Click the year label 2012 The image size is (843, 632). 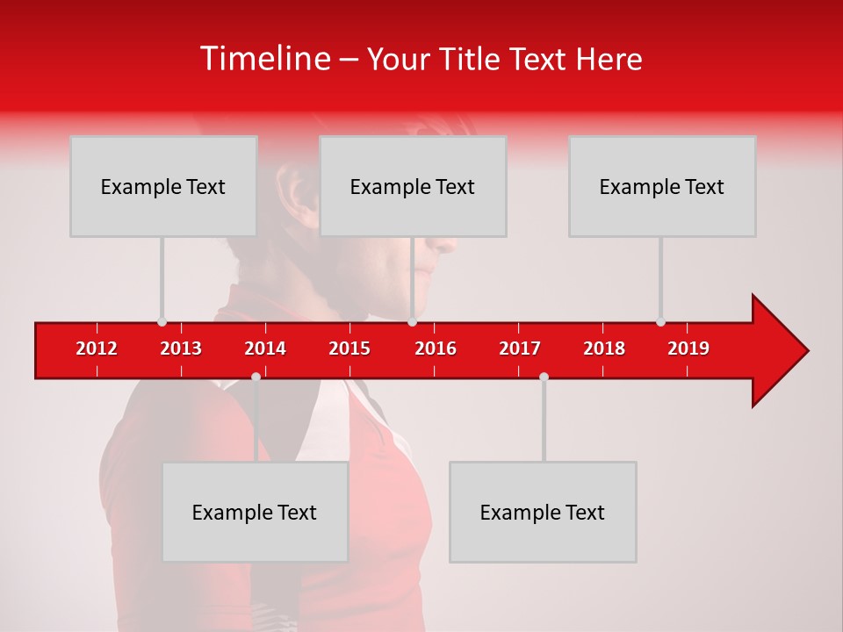(97, 348)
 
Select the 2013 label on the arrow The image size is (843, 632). (181, 348)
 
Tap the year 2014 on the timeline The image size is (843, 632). (265, 348)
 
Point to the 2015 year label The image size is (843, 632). (349, 348)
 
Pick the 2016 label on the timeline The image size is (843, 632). (436, 348)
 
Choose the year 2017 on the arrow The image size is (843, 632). (520, 348)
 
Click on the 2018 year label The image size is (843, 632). (604, 348)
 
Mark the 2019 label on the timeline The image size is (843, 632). (688, 348)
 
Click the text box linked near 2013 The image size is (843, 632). (163, 186)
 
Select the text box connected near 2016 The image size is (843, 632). (413, 186)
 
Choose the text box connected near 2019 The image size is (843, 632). (662, 186)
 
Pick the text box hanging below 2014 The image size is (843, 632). (255, 512)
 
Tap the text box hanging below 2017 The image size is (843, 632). (543, 512)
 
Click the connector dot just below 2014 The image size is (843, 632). (256, 377)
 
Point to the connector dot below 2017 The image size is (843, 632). (544, 377)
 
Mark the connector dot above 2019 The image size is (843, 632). (660, 321)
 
